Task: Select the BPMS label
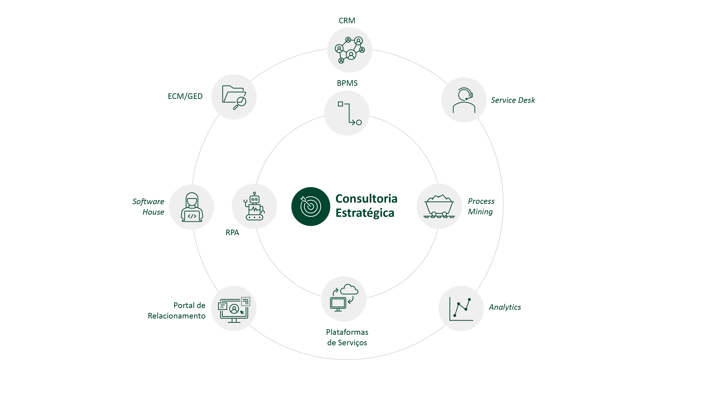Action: [347, 83]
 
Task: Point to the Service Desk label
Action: [513, 100]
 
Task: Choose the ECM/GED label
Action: [185, 96]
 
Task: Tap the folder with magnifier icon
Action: [234, 97]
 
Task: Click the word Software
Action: [148, 202]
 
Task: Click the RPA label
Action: [232, 233]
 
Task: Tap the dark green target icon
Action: [311, 207]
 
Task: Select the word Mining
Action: [480, 212]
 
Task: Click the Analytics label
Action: [505, 307]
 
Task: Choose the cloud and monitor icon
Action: [344, 299]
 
